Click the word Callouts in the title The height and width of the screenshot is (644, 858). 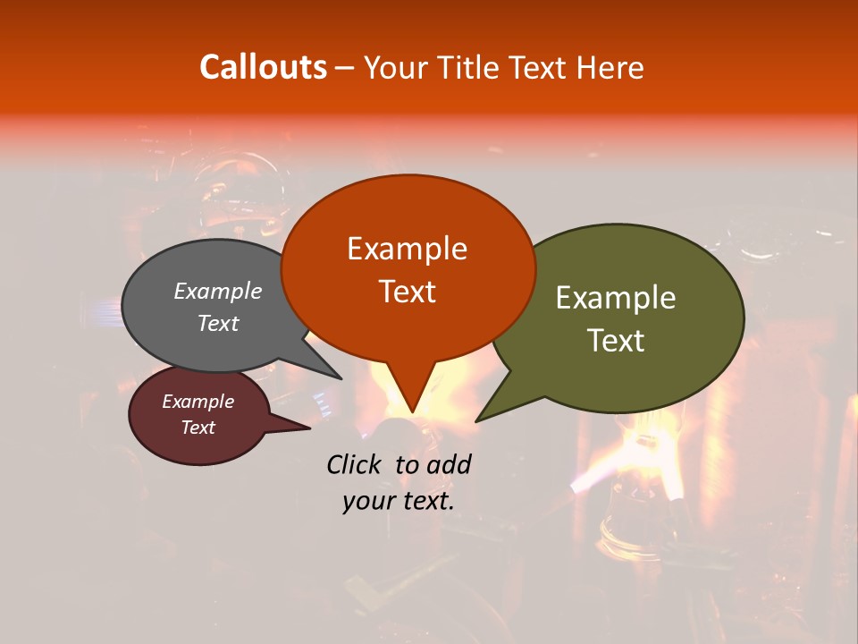coord(263,67)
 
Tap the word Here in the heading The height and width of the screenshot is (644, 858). coord(611,67)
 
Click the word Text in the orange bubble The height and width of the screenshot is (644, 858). coord(407,291)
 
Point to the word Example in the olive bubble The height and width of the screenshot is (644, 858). coord(616,297)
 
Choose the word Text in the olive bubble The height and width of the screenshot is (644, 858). coord(616,340)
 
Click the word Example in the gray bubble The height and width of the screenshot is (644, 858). coord(218,291)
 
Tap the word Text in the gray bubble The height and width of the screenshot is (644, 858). coord(218,323)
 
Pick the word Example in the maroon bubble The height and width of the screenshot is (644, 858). coord(198,402)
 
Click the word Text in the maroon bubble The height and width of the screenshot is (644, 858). coord(198,428)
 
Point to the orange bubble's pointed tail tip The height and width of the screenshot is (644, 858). coord(412,412)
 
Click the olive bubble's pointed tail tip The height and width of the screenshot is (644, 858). coord(476,421)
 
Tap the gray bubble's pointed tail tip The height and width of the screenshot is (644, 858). coord(343,377)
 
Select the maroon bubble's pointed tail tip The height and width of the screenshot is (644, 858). coord(309,428)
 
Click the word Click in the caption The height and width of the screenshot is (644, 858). coord(353,464)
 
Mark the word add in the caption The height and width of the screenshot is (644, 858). coord(448,464)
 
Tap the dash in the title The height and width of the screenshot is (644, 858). coord(345,67)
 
